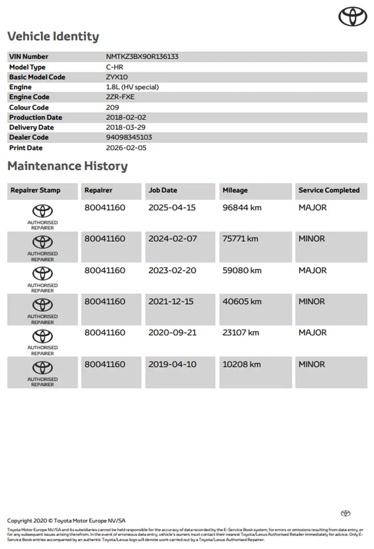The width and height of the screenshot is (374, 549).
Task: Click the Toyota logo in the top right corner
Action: (x=353, y=17)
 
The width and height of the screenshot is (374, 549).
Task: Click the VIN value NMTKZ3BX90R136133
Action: (x=142, y=56)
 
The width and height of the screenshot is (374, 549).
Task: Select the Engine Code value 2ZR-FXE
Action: (x=120, y=97)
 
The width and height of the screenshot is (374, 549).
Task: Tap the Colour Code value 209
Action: (x=112, y=108)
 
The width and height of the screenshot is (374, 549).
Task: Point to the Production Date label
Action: (x=35, y=117)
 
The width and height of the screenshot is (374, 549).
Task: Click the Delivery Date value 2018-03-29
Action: (x=126, y=127)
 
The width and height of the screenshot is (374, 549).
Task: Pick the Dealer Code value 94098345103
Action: (x=129, y=137)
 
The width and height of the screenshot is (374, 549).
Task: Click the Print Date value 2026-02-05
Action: (x=126, y=148)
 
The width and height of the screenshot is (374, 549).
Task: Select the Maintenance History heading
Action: (x=67, y=166)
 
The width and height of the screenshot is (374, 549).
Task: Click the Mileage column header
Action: (x=235, y=190)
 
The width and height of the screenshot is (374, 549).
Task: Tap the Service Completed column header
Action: (x=329, y=190)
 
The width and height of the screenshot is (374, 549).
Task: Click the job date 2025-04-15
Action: (x=172, y=208)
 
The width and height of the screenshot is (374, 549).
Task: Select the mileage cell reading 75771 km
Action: (x=240, y=239)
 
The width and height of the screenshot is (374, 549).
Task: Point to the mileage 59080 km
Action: (x=242, y=270)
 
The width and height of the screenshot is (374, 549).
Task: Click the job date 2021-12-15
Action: (x=171, y=302)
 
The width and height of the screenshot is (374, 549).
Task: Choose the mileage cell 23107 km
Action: (x=241, y=332)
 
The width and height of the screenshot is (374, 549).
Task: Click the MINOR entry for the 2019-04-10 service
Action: (x=312, y=364)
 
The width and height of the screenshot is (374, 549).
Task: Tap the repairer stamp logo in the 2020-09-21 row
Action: (x=42, y=337)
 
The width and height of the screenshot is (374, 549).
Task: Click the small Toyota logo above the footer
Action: (x=345, y=513)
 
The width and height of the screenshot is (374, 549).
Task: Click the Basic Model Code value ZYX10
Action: (x=117, y=77)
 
